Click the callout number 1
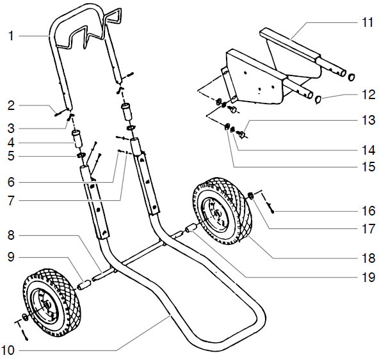tap(11, 36)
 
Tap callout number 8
tap(11, 235)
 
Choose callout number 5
tap(11, 155)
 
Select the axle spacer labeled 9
tap(85, 283)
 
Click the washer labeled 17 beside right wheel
tap(252, 197)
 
